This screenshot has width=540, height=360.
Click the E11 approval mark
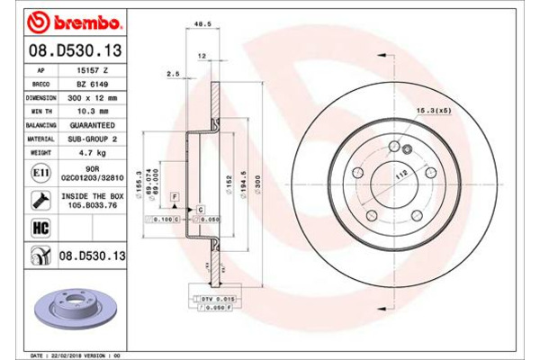pos(40,173)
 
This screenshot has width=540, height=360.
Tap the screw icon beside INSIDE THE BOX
pos(40,200)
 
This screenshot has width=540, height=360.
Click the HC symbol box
pos(40,229)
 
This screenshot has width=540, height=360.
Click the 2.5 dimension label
pos(173,74)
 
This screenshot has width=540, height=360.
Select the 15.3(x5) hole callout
pos(433,111)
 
